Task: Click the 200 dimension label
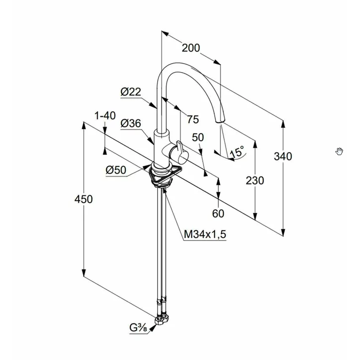190,48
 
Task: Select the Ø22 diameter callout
130,92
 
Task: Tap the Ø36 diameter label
130,123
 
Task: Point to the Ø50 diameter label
116,170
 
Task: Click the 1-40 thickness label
105,116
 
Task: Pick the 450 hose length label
84,199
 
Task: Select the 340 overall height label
283,156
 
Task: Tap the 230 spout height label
255,180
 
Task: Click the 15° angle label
237,151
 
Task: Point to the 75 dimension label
193,119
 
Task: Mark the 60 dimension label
218,213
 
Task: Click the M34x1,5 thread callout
205,235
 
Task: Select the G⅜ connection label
138,328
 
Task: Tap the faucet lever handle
180,151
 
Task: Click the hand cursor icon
339,151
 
